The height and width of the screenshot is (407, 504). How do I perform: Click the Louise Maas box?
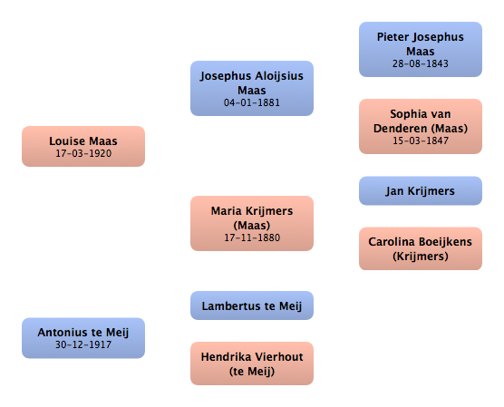[83, 146]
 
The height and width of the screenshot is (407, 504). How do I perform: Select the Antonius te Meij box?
[83, 338]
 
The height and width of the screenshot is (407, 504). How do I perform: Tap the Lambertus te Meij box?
[252, 305]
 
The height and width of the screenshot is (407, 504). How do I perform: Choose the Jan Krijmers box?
[421, 190]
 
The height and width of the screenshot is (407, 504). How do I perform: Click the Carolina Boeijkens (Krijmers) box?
[421, 248]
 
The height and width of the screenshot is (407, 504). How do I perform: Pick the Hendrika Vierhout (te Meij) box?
[252, 363]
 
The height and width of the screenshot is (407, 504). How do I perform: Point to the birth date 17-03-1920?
[83, 153]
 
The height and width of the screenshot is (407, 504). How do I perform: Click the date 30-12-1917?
[83, 344]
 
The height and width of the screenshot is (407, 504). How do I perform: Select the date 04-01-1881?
[252, 102]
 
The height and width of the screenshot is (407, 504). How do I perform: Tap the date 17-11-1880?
[252, 237]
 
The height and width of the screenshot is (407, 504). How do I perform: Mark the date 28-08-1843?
[421, 63]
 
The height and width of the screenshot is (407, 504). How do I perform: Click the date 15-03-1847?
[421, 141]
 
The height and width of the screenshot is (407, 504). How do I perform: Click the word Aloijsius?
[279, 76]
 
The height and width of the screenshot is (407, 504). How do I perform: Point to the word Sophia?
[405, 114]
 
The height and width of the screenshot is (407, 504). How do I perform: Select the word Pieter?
[393, 37]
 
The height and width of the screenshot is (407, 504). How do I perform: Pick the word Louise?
[67, 141]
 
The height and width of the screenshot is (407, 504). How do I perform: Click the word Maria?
[225, 211]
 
